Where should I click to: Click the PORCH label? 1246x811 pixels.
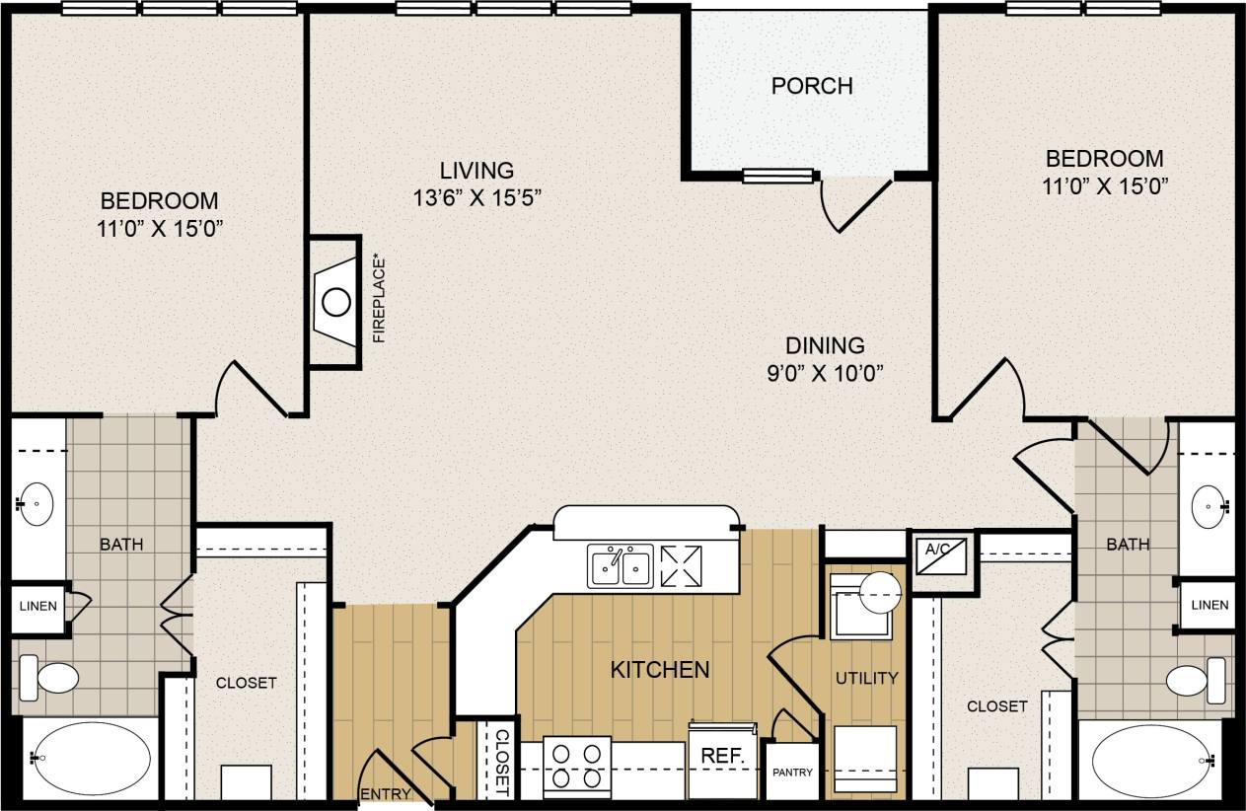(811, 86)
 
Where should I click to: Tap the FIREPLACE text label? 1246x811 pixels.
(379, 300)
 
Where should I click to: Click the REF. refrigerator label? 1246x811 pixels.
(721, 755)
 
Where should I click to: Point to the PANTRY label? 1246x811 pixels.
(793, 773)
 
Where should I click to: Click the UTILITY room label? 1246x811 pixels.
(866, 678)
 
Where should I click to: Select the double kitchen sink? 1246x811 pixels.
(620, 566)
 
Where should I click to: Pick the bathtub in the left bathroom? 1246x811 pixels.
(89, 758)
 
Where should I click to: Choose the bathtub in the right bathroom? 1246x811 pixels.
(1150, 761)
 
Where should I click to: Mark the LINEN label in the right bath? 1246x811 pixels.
(1209, 605)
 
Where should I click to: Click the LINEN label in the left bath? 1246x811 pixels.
(37, 606)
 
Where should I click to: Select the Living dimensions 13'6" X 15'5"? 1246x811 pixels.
(477, 197)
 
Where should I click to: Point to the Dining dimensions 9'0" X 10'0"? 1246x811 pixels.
(825, 373)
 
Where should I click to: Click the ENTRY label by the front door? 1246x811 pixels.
(385, 794)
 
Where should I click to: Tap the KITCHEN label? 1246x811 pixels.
(660, 670)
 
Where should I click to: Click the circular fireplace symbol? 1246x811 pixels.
(336, 301)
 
